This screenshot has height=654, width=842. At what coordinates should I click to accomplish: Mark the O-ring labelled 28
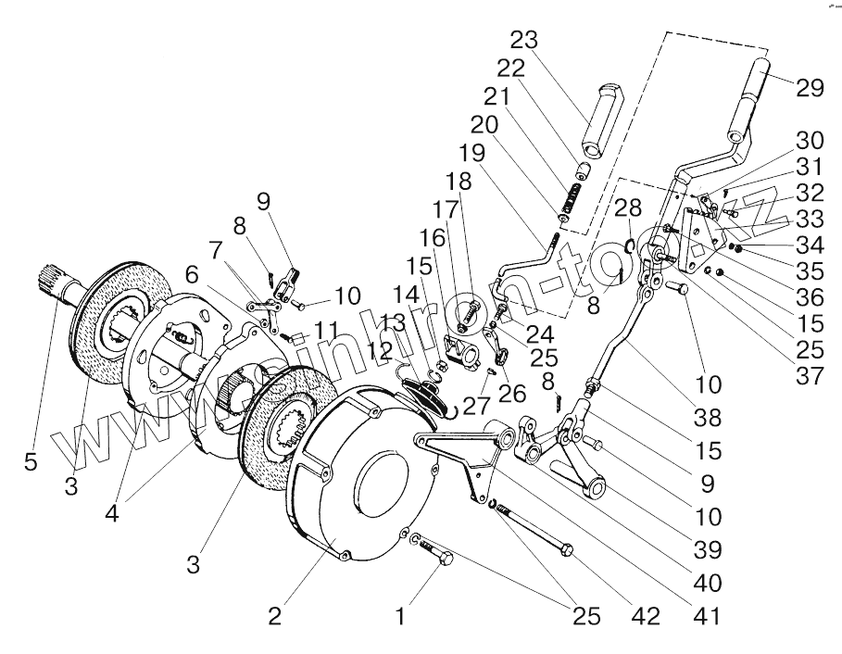coord(629,245)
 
